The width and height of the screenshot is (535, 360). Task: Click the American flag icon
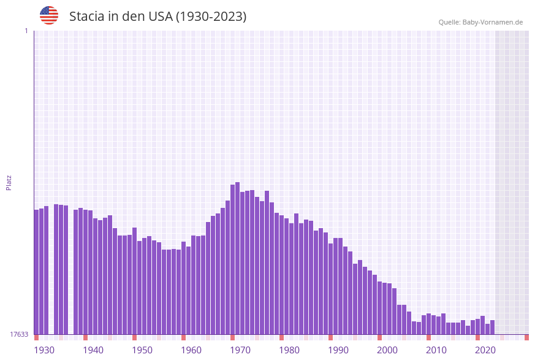(x=49, y=15)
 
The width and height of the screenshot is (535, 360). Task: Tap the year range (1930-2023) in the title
(x=211, y=17)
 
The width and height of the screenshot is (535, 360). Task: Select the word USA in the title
(x=161, y=17)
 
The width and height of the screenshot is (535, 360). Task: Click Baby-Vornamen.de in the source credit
(x=493, y=22)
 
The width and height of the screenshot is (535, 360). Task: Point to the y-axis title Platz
(x=9, y=182)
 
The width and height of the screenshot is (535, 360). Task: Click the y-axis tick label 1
(x=26, y=31)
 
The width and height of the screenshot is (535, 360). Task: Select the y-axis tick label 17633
(x=18, y=334)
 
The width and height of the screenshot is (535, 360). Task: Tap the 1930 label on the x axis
(x=44, y=350)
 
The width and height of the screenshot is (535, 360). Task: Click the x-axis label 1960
(x=191, y=350)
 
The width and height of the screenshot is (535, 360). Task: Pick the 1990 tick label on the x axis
(x=338, y=350)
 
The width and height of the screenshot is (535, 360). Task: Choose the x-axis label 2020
(x=485, y=350)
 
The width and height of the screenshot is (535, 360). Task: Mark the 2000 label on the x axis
(x=387, y=350)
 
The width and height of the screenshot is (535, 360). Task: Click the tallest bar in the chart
(x=238, y=258)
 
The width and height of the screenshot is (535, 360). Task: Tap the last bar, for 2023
(x=493, y=327)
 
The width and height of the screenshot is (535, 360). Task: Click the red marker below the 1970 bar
(x=233, y=337)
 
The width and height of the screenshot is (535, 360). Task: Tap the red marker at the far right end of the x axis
(x=526, y=337)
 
